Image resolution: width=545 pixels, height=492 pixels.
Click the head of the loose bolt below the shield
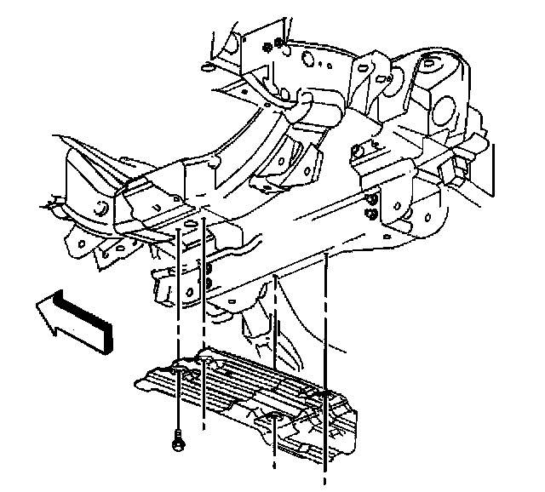coord(178,442)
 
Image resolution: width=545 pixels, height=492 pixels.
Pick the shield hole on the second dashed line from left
coord(204,363)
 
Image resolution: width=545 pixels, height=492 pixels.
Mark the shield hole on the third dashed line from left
coord(275,416)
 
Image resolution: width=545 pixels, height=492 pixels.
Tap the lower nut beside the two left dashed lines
coord(208,283)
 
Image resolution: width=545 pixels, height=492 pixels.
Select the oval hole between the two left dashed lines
coord(191,223)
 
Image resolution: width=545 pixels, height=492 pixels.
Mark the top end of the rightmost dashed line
coord(327,254)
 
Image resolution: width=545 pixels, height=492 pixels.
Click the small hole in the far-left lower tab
coord(121,249)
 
